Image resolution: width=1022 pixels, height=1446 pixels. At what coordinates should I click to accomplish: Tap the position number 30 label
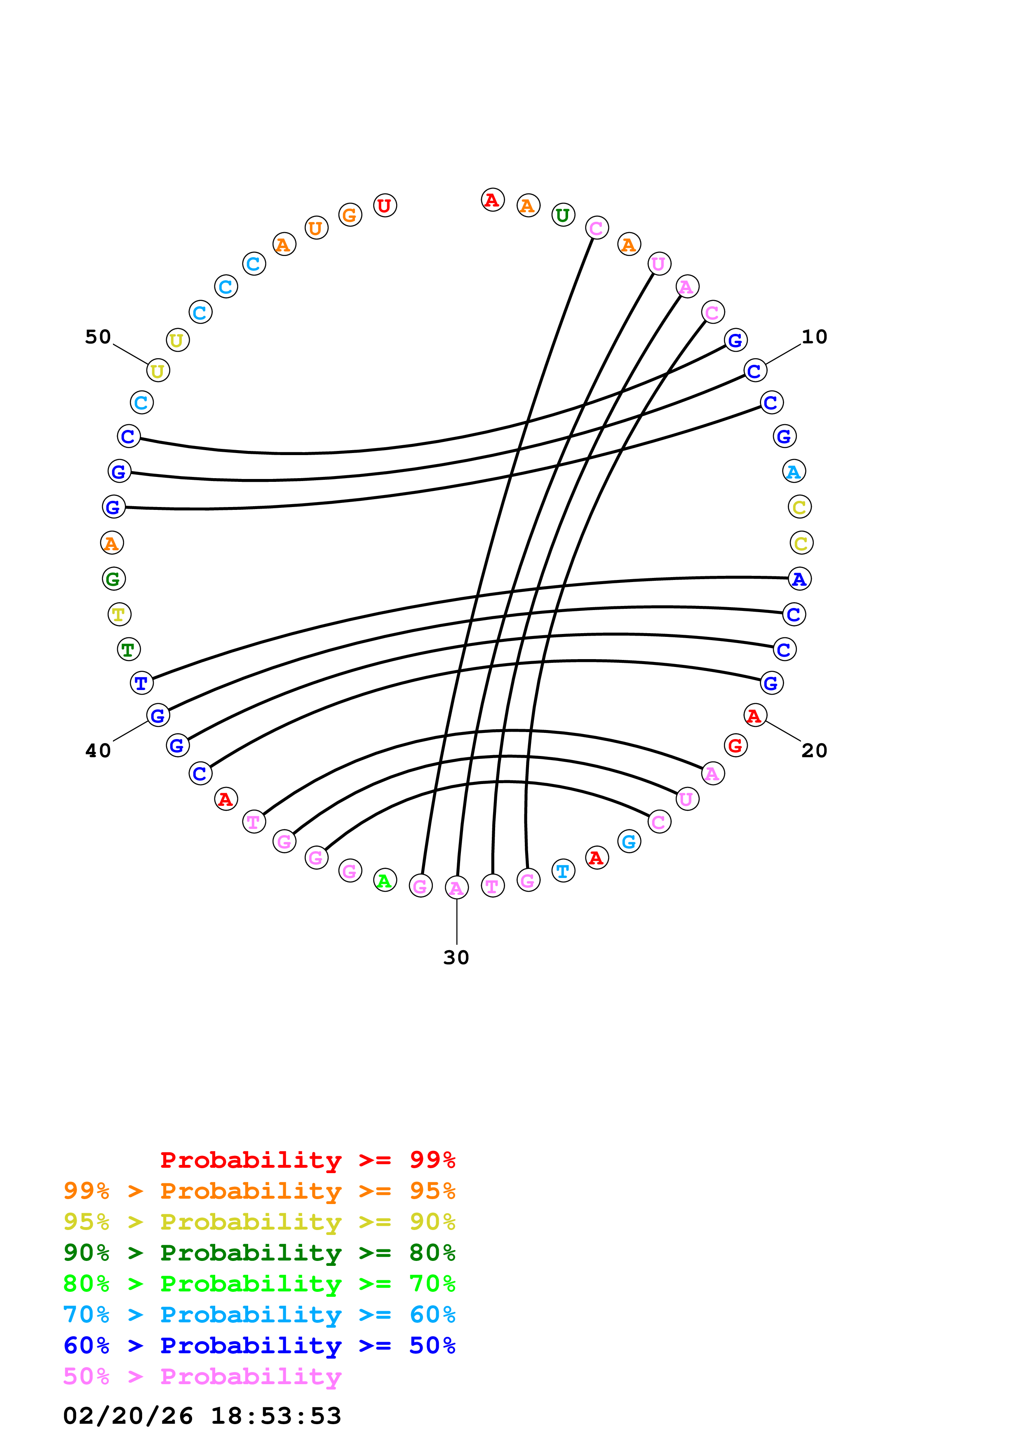(456, 958)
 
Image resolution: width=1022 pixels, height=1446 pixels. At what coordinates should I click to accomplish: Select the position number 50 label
(98, 337)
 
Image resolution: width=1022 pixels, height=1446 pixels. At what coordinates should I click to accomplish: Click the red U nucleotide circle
(385, 205)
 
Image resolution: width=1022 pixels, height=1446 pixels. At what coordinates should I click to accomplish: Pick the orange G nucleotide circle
(350, 215)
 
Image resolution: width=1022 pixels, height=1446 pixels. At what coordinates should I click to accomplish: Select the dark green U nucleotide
(563, 215)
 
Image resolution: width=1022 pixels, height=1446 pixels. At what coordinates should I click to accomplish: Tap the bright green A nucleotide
(385, 880)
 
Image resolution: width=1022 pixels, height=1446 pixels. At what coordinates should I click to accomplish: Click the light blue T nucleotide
(563, 871)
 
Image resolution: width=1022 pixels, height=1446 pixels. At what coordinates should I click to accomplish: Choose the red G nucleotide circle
(735, 746)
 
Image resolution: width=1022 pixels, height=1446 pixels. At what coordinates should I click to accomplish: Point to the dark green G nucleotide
(113, 579)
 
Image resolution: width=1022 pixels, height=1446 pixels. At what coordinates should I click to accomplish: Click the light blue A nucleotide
(794, 471)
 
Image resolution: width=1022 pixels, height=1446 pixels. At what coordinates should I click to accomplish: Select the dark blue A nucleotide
(800, 579)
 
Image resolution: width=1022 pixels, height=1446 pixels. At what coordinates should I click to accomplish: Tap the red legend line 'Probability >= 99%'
(307, 1160)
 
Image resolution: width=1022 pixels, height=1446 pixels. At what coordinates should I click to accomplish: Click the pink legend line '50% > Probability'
(202, 1377)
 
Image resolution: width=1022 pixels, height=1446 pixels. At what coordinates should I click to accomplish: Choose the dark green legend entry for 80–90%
(259, 1253)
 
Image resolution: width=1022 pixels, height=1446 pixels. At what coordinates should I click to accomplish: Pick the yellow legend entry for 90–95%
(259, 1222)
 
